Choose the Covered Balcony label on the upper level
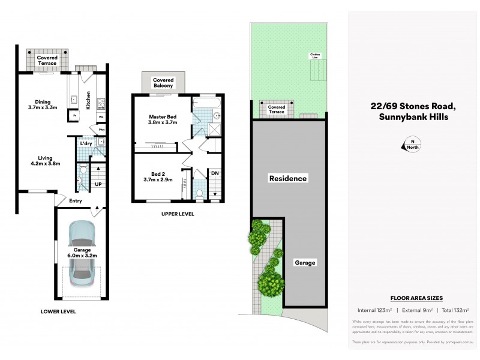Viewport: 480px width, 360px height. click(x=163, y=82)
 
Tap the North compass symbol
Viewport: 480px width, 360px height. click(x=413, y=145)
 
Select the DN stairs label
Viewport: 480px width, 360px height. click(x=214, y=173)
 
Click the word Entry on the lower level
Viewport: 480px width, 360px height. click(x=76, y=201)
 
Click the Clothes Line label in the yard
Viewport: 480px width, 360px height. click(x=315, y=56)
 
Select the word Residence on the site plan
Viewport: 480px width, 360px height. click(x=288, y=178)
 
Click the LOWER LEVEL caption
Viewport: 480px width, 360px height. click(x=58, y=312)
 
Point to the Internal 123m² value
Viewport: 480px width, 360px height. click(x=374, y=310)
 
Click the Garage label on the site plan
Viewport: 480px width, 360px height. click(x=305, y=263)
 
